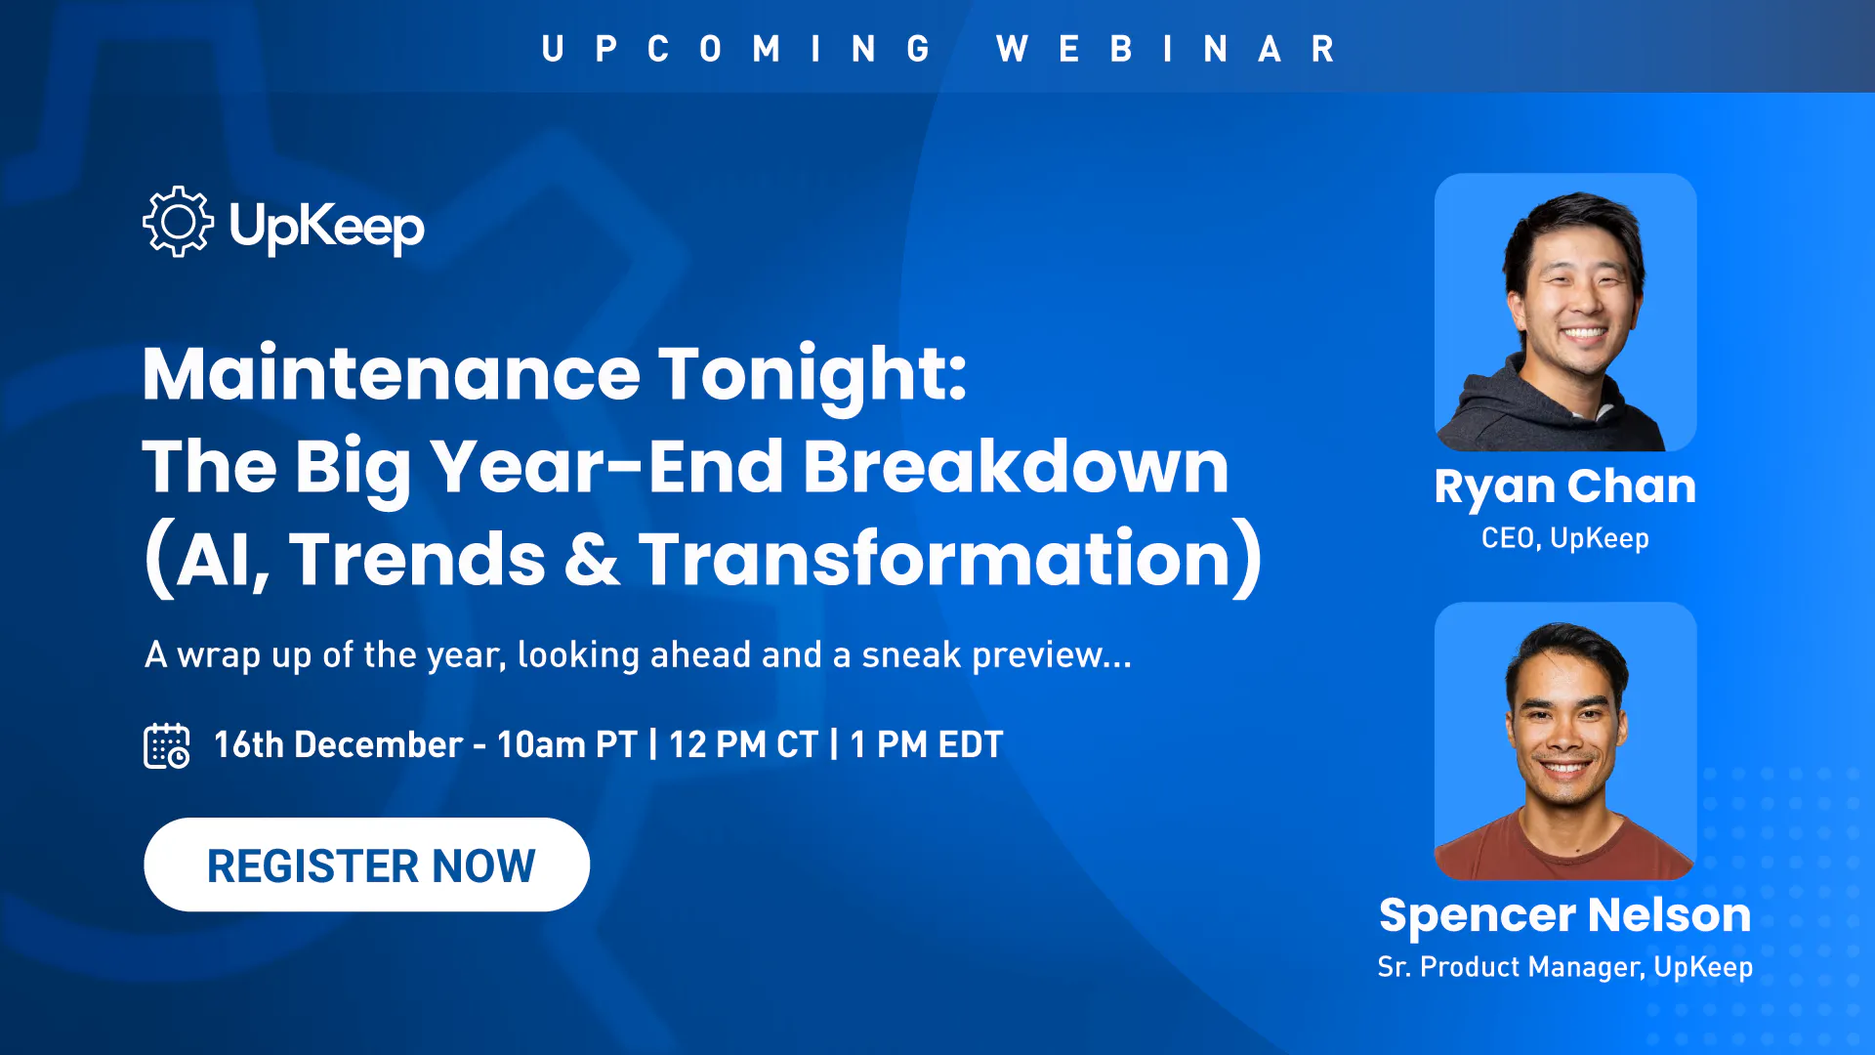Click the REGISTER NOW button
click(367, 865)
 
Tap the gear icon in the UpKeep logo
click(178, 222)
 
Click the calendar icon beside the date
click(167, 745)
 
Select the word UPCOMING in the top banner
click(736, 49)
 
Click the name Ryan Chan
click(1565, 487)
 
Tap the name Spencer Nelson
click(1565, 915)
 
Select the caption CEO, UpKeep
click(1565, 538)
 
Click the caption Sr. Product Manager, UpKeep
click(1565, 967)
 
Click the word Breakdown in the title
click(1016, 466)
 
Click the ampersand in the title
click(592, 559)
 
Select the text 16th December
click(338, 745)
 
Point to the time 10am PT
click(567, 745)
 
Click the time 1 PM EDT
click(927, 745)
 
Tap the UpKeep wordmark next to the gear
click(327, 228)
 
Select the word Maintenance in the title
click(392, 375)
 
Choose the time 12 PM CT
click(743, 745)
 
